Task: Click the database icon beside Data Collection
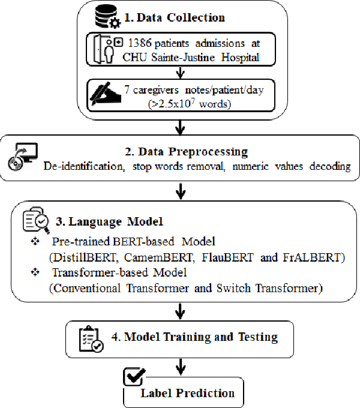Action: (x=105, y=17)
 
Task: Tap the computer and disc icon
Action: (x=22, y=159)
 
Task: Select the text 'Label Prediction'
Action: (x=187, y=394)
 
